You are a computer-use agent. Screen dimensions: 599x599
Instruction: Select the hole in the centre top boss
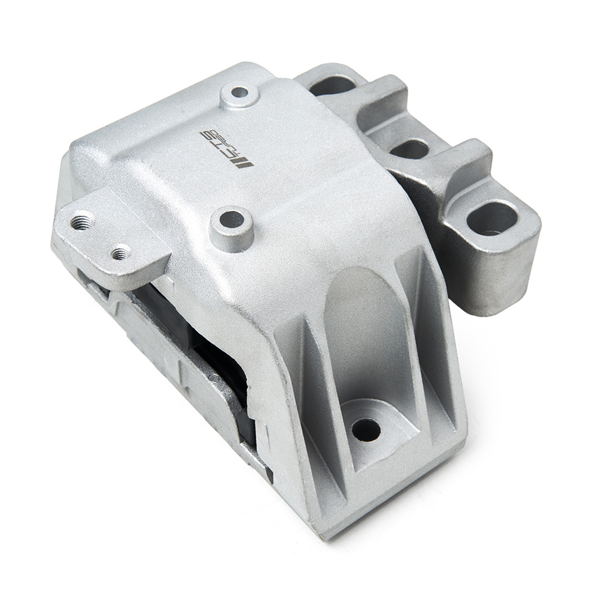[x=233, y=219]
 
